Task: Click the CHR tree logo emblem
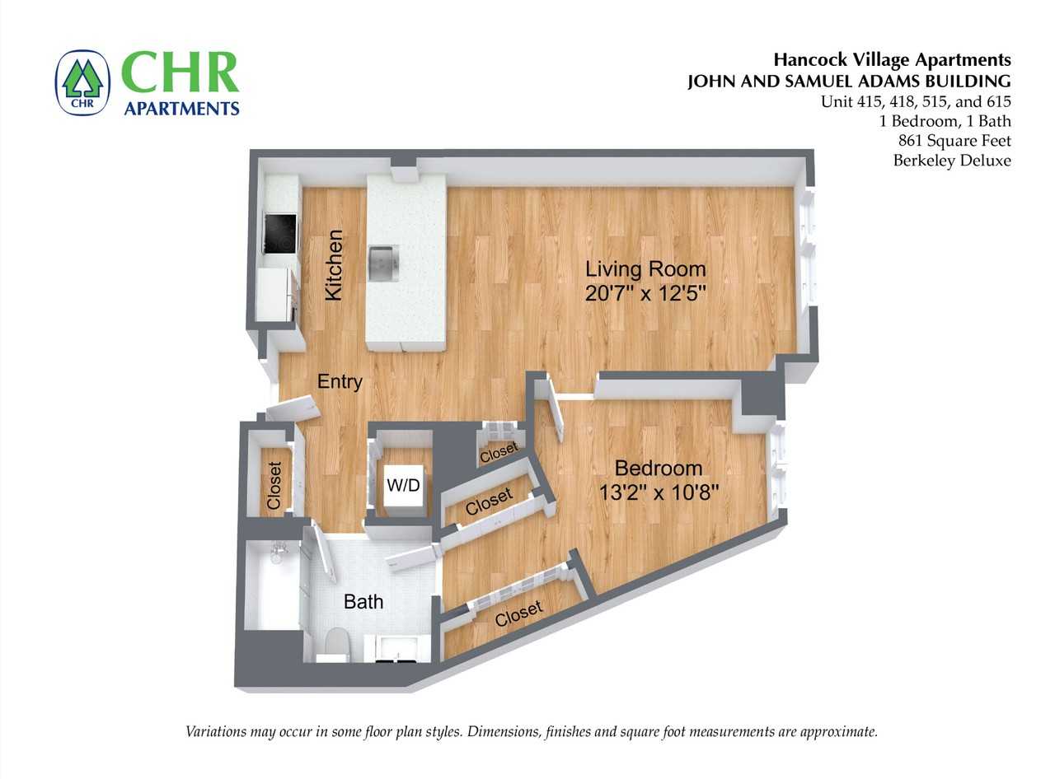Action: tap(82, 83)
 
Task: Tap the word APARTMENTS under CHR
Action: tap(181, 108)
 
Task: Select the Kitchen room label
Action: tap(334, 265)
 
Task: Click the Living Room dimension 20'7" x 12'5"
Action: tap(646, 294)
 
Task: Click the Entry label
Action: tap(340, 382)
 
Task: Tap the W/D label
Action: tap(403, 486)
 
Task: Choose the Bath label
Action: tap(363, 602)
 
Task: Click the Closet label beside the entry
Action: tap(274, 484)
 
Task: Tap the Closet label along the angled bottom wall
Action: tap(519, 613)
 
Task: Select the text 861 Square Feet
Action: tap(954, 141)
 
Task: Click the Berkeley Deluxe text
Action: tap(951, 161)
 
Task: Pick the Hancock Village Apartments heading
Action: tap(892, 59)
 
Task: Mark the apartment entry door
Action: tap(298, 406)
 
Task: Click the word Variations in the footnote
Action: tap(216, 731)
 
